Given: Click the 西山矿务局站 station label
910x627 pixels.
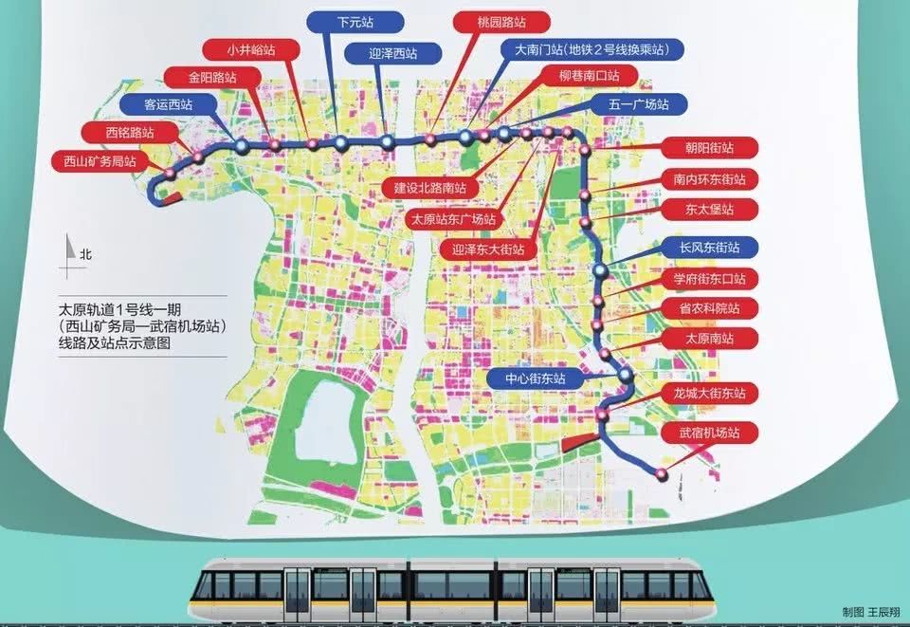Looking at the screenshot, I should click(94, 160).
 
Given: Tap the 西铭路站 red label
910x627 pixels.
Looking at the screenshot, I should click(117, 132).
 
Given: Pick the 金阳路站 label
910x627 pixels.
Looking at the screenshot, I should click(199, 76).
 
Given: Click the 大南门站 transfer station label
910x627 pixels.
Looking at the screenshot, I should click(592, 49).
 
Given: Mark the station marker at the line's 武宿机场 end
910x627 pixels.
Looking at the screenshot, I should click(660, 472).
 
